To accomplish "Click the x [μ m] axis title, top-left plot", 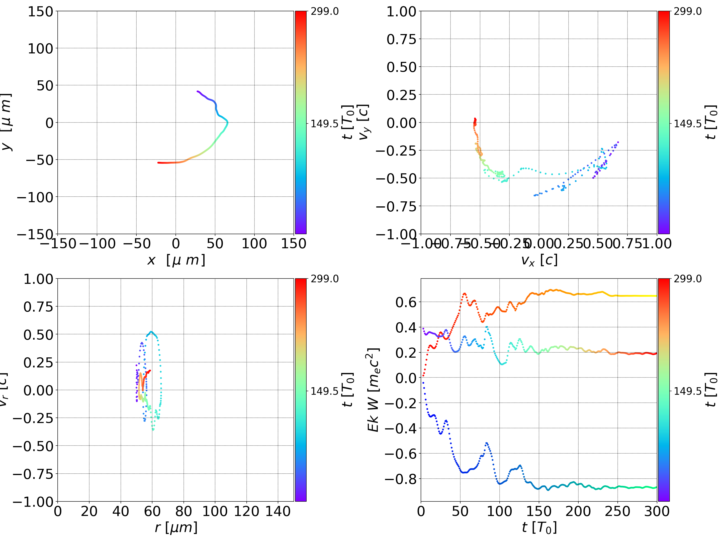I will pyautogui.click(x=176, y=260).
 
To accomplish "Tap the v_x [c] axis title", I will pyautogui.click(x=539, y=260).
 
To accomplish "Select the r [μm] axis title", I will pyautogui.click(x=176, y=527).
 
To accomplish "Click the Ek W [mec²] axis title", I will pyautogui.click(x=373, y=390).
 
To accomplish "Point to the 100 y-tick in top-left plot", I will pyautogui.click(x=40, y=49).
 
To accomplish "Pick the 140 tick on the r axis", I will pyautogui.click(x=278, y=511).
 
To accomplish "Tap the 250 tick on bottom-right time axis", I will pyautogui.click(x=617, y=511).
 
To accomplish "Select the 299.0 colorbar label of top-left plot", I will pyautogui.click(x=324, y=12).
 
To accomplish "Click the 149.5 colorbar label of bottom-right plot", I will pyautogui.click(x=687, y=391).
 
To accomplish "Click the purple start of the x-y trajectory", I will pyautogui.click(x=198, y=91).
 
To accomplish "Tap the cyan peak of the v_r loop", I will pyautogui.click(x=151, y=332).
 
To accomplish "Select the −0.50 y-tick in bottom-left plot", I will pyautogui.click(x=33, y=446).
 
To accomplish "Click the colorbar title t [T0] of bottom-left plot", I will pyautogui.click(x=348, y=390).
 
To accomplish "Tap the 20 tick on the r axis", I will pyautogui.click(x=89, y=511).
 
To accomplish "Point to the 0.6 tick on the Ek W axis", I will pyautogui.click(x=406, y=302).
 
